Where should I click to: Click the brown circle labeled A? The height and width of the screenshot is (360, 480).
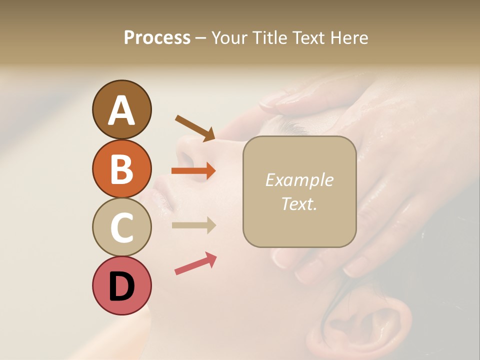tap(121, 109)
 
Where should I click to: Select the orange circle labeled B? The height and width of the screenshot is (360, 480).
tap(121, 168)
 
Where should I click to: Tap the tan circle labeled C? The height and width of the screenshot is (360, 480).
tap(121, 227)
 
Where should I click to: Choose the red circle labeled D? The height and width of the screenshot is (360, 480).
tap(121, 285)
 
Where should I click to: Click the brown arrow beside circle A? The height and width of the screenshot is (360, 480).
tap(195, 127)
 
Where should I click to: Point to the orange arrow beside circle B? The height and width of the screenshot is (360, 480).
tap(193, 171)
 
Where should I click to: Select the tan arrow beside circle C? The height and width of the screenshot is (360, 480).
tap(193, 225)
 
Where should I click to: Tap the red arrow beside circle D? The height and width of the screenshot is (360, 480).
tap(195, 263)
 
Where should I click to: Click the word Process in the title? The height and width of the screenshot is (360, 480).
tap(157, 37)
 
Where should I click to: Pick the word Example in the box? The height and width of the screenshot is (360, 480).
tap(299, 180)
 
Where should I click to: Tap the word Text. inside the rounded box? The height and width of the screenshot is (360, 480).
tap(299, 203)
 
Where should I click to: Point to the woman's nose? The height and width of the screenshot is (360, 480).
tap(187, 150)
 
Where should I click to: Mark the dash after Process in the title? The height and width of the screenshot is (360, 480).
tap(201, 38)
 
